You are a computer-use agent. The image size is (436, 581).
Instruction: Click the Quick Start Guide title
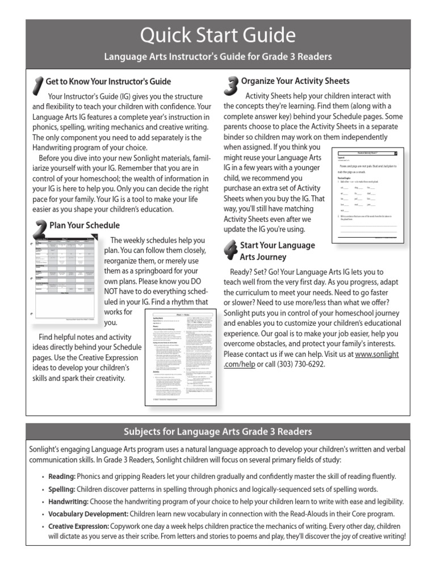pos(217,36)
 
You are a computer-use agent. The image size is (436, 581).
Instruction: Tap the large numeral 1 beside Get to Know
pos(38,84)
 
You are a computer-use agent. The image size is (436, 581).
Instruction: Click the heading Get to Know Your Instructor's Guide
pos(108,82)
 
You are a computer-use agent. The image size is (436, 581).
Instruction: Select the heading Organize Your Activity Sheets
pos(295,81)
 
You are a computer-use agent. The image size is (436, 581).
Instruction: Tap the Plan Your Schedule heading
pos(85,225)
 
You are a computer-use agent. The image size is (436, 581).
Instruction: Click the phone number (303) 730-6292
pos(299,364)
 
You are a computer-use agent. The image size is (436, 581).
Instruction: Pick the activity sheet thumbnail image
pos(364,196)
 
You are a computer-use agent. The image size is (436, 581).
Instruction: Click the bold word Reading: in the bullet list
pos(61,477)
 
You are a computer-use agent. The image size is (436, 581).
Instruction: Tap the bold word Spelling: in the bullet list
pos(61,489)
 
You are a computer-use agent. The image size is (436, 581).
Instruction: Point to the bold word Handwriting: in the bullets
pos(68,502)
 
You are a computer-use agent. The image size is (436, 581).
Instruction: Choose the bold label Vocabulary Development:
pos(88,513)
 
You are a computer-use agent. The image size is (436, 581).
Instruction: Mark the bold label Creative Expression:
pos(79,526)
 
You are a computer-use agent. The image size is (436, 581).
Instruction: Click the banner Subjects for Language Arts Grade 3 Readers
pos(218,432)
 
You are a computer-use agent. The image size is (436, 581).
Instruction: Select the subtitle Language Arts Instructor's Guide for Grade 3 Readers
pos(217,57)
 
